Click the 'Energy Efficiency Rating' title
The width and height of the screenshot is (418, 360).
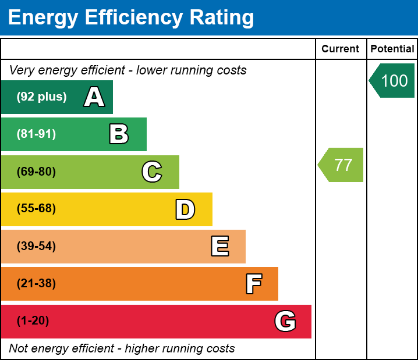[131, 17]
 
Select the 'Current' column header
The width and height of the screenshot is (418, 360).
[341, 49]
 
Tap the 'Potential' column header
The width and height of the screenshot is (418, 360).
[392, 49]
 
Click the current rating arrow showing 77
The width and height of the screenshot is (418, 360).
[342, 165]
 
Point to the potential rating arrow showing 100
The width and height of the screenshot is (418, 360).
[393, 80]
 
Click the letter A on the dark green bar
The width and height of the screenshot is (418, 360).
[94, 97]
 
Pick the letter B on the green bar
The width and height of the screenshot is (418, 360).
[119, 134]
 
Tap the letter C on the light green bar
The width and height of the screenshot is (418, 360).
[151, 172]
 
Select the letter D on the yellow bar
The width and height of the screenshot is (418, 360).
[185, 209]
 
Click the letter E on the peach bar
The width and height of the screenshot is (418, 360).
[219, 247]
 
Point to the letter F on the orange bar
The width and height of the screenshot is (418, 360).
[253, 284]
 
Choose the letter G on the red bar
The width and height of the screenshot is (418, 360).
[285, 321]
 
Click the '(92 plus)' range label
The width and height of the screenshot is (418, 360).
[41, 97]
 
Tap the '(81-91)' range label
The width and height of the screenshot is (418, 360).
[36, 134]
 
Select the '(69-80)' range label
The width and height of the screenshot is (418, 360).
[36, 172]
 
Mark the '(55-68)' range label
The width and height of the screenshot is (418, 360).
[36, 209]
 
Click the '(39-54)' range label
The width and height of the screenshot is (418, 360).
[36, 247]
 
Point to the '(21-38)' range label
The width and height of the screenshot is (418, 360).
[36, 284]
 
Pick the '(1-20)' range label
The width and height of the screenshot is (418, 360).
[33, 321]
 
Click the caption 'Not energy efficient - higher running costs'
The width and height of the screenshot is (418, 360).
[122, 348]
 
